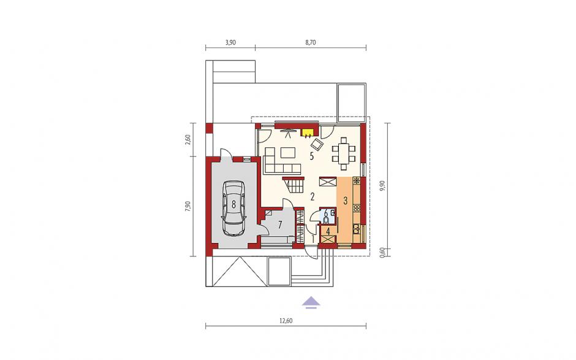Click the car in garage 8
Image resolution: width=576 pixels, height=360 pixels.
pos(233,208)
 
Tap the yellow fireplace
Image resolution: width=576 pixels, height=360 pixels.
pos(307,132)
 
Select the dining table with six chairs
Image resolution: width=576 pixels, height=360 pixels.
pos(344,154)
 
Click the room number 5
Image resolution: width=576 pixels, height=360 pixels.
pos(312,156)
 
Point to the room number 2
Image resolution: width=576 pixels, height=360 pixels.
pos(313,197)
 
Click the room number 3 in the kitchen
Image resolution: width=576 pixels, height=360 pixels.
pos(346,201)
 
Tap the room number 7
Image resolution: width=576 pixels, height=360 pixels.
pos(280,225)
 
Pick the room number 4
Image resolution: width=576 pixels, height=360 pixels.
pos(328,231)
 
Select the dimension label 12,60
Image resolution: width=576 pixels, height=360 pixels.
pos(286,321)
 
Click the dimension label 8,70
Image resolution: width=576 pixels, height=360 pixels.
pos(311,42)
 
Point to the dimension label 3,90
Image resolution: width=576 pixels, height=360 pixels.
pos(230,42)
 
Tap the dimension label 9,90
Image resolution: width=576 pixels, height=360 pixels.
pos(382,186)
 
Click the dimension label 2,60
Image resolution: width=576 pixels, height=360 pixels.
pos(188,140)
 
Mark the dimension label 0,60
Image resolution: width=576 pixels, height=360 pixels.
pos(382,252)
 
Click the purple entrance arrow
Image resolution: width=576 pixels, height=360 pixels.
pos(311,302)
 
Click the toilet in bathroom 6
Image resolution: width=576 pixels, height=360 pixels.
pos(326,220)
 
